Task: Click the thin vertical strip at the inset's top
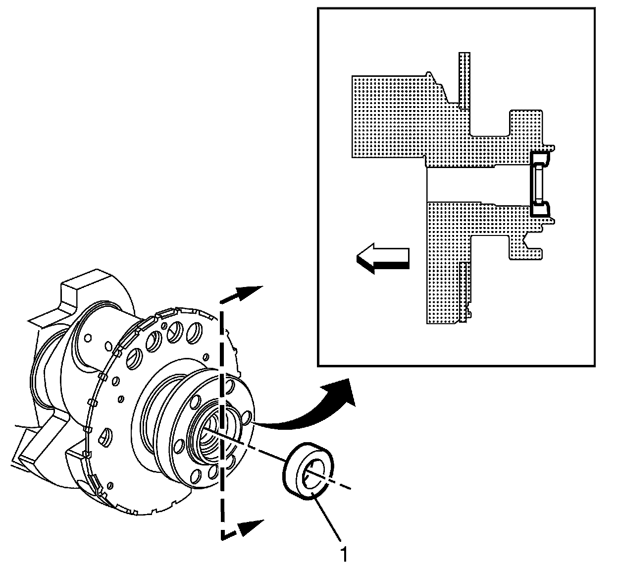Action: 463,79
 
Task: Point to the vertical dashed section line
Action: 221,377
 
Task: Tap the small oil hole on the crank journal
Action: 88,338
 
